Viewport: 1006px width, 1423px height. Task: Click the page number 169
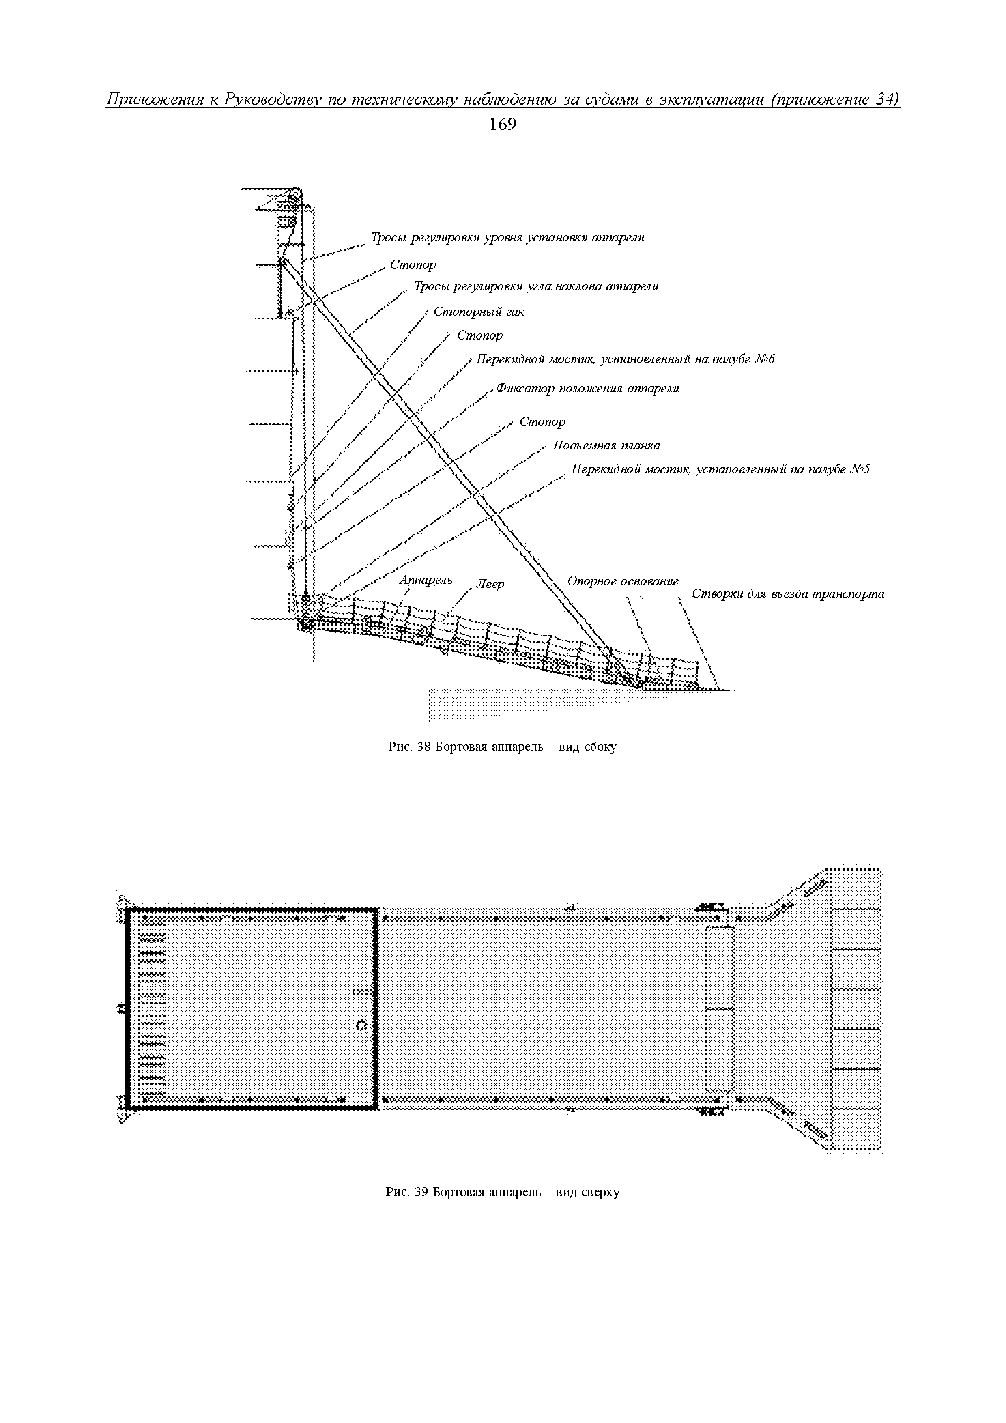[x=503, y=125]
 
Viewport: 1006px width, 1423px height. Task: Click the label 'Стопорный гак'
[x=479, y=312]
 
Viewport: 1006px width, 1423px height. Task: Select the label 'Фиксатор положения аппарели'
[x=588, y=389]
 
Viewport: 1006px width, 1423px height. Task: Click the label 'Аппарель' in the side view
[x=426, y=580]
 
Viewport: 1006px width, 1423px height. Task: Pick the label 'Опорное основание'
[x=623, y=581]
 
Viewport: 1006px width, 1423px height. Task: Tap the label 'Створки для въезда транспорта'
[x=788, y=594]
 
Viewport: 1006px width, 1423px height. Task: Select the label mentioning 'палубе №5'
[x=721, y=469]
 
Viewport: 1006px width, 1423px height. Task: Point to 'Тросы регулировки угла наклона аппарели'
[x=536, y=286]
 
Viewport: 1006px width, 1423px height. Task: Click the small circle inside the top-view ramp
[x=361, y=1026]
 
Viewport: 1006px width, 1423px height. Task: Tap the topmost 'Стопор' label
[x=413, y=264]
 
